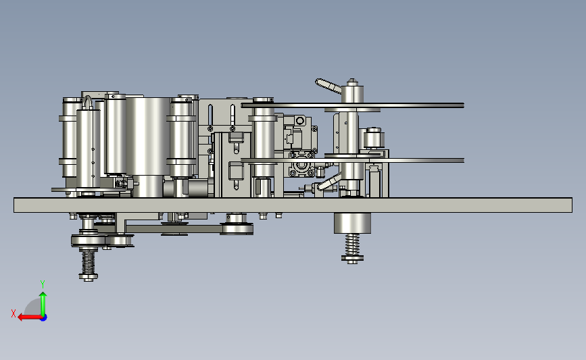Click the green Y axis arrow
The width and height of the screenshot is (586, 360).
tap(43, 304)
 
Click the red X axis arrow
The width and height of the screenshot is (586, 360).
tap(30, 317)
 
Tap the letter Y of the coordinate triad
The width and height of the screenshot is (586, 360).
tap(43, 284)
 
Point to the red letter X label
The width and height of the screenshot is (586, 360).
tap(14, 313)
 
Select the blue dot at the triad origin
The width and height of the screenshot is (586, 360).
tap(44, 318)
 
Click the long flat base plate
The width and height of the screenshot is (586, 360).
tap(293, 205)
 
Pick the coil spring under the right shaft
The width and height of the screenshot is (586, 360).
tap(352, 245)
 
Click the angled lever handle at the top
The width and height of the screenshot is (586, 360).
tap(328, 86)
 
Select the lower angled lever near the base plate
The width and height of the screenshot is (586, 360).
tap(328, 182)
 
